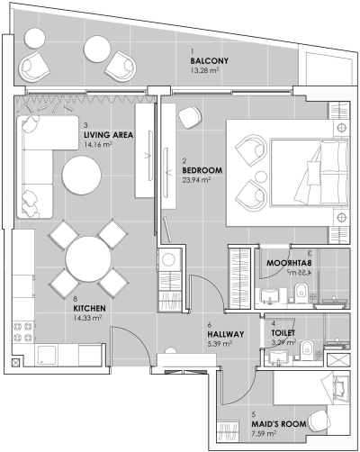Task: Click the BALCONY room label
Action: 211,60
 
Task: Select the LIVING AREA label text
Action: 108,135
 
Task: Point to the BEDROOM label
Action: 202,169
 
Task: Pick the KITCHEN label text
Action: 91,309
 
